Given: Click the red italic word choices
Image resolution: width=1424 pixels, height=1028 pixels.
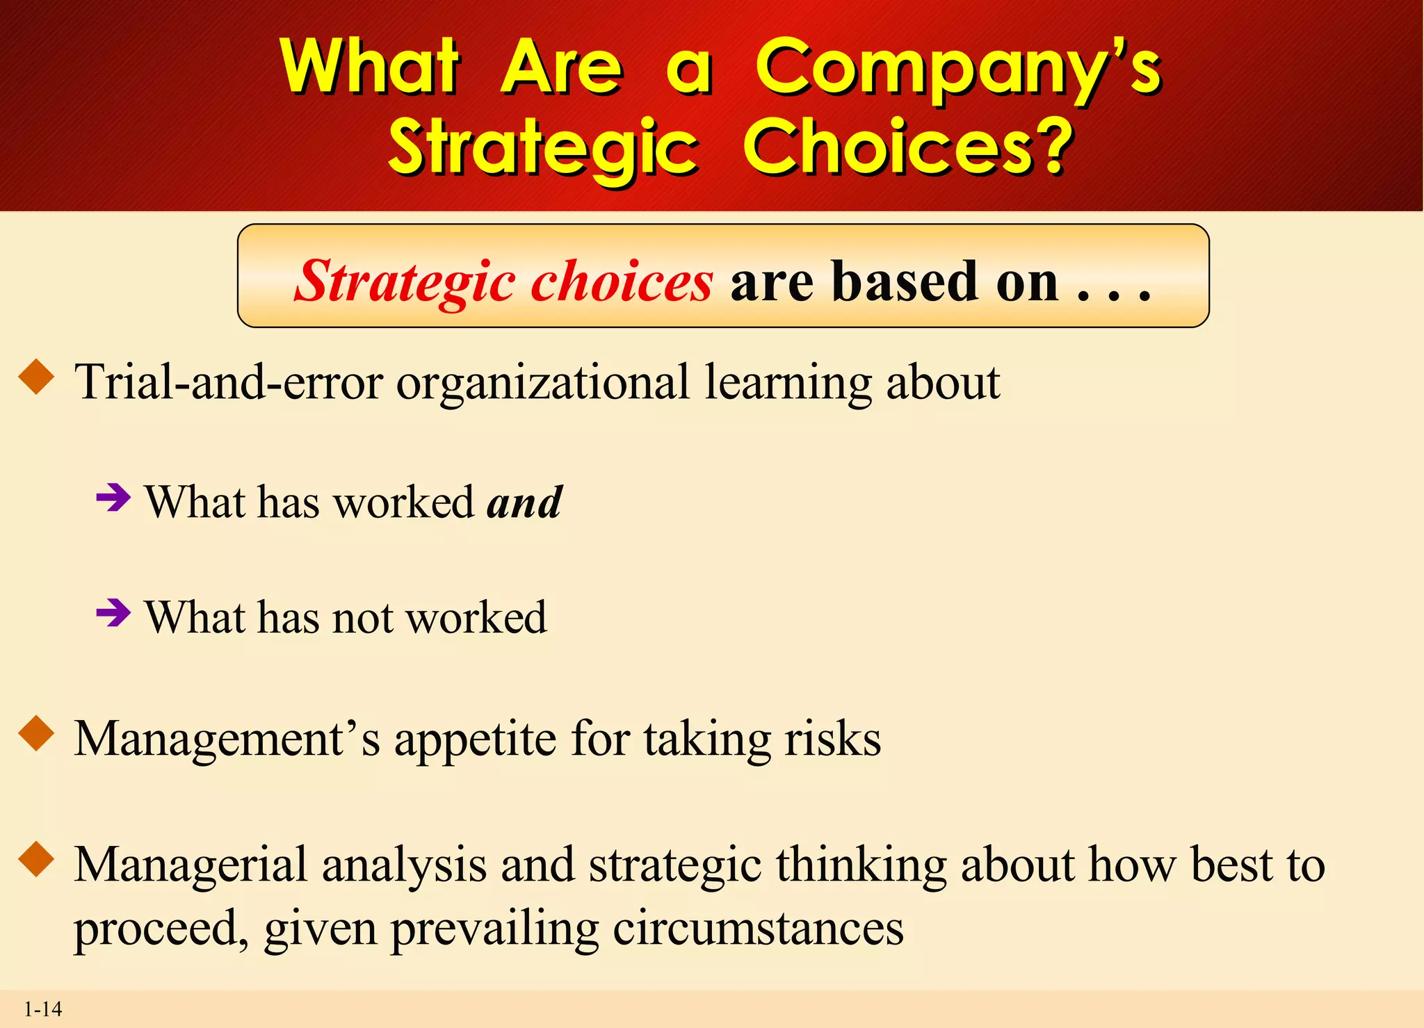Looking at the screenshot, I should point(622,282).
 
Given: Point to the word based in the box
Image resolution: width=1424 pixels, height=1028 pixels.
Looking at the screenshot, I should point(907,282).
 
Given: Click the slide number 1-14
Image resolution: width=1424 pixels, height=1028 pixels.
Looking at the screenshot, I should point(42,1009).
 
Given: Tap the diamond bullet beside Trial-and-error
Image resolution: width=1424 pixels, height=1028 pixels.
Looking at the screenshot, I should point(37,378).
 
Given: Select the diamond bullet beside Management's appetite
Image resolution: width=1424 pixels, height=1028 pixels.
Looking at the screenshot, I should point(37,735).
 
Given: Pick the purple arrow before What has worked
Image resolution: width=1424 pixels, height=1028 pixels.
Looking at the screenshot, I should point(113,498).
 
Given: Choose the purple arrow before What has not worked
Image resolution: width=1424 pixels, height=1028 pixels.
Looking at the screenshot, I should point(113,613).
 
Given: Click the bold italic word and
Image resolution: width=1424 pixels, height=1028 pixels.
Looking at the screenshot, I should point(524,502).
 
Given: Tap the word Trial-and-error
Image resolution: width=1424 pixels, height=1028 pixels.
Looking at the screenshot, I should point(229,382).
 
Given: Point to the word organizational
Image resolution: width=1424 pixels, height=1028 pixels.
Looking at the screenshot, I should point(543,382).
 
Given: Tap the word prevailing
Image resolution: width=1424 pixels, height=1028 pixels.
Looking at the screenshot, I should point(494,928).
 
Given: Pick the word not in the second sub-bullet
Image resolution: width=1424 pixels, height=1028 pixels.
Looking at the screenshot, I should point(362,617).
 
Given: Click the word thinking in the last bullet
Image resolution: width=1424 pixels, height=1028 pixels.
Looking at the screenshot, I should point(861,865).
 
